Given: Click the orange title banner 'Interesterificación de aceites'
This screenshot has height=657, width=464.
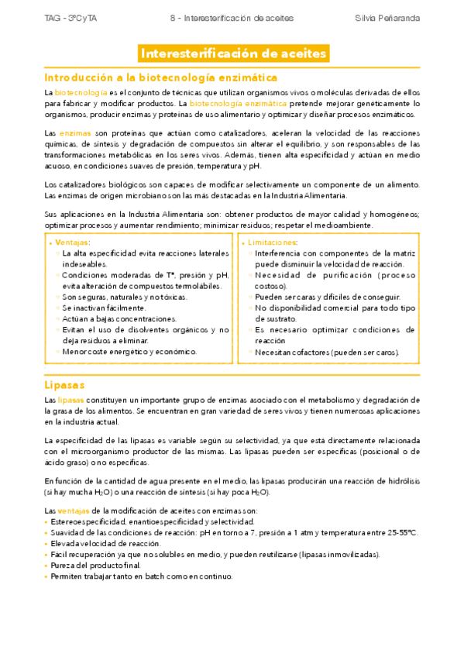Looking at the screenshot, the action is [x=232, y=53].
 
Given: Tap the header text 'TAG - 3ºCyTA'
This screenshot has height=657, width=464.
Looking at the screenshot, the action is [x=66, y=17].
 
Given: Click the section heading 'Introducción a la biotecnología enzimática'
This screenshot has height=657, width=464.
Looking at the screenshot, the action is [x=161, y=77].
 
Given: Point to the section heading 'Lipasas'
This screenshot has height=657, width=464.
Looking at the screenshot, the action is [x=64, y=384].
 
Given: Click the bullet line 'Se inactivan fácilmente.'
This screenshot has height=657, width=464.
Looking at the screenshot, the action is [x=104, y=308].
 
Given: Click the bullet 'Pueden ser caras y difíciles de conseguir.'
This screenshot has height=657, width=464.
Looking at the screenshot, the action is [x=328, y=297].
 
